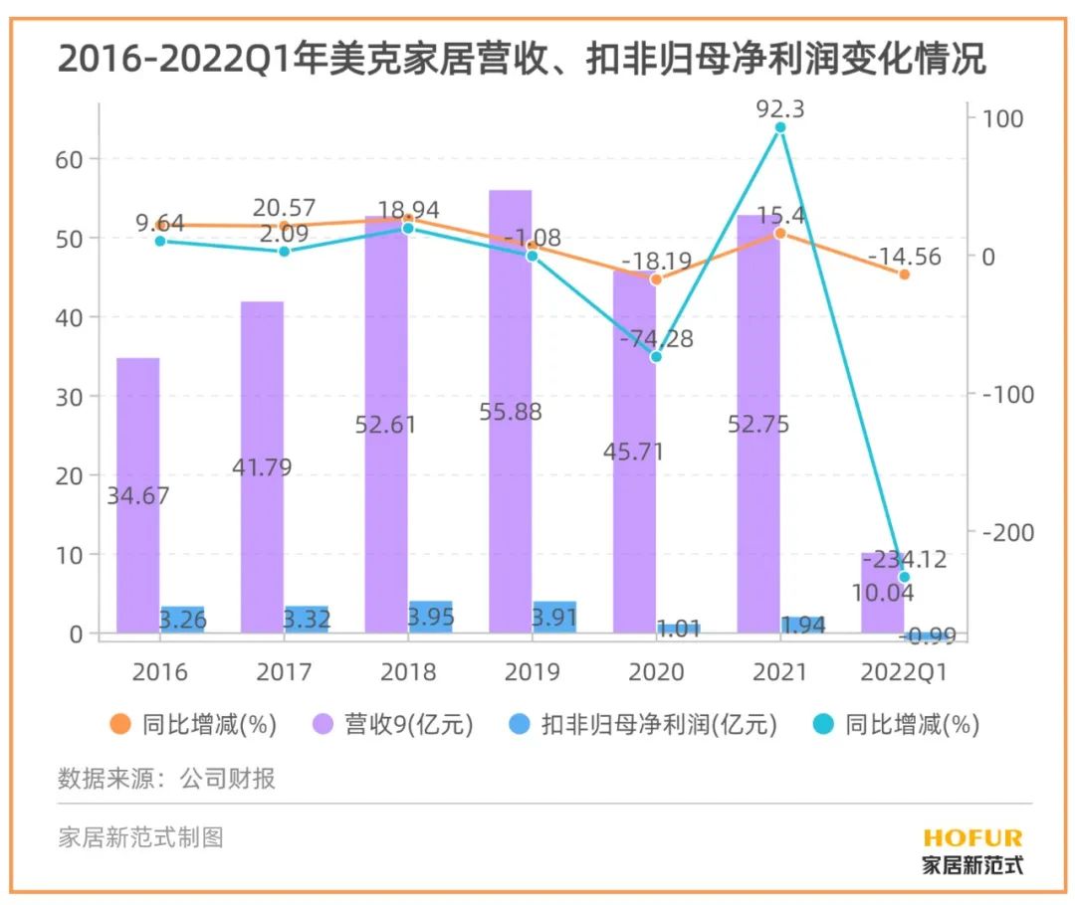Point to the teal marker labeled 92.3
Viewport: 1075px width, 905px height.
coord(780,127)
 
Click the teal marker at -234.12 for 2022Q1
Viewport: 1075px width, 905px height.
coord(905,577)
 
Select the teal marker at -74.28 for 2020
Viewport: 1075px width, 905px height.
coord(656,356)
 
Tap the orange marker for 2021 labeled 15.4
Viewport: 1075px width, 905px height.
coord(780,233)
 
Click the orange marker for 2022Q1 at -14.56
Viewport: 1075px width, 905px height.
coord(905,273)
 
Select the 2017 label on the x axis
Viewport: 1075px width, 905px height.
coord(284,672)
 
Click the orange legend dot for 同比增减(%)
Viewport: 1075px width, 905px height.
coord(119,725)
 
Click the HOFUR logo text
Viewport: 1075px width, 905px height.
coord(972,838)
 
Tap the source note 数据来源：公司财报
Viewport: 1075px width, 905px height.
coord(166,779)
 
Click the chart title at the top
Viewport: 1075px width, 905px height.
coord(522,60)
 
